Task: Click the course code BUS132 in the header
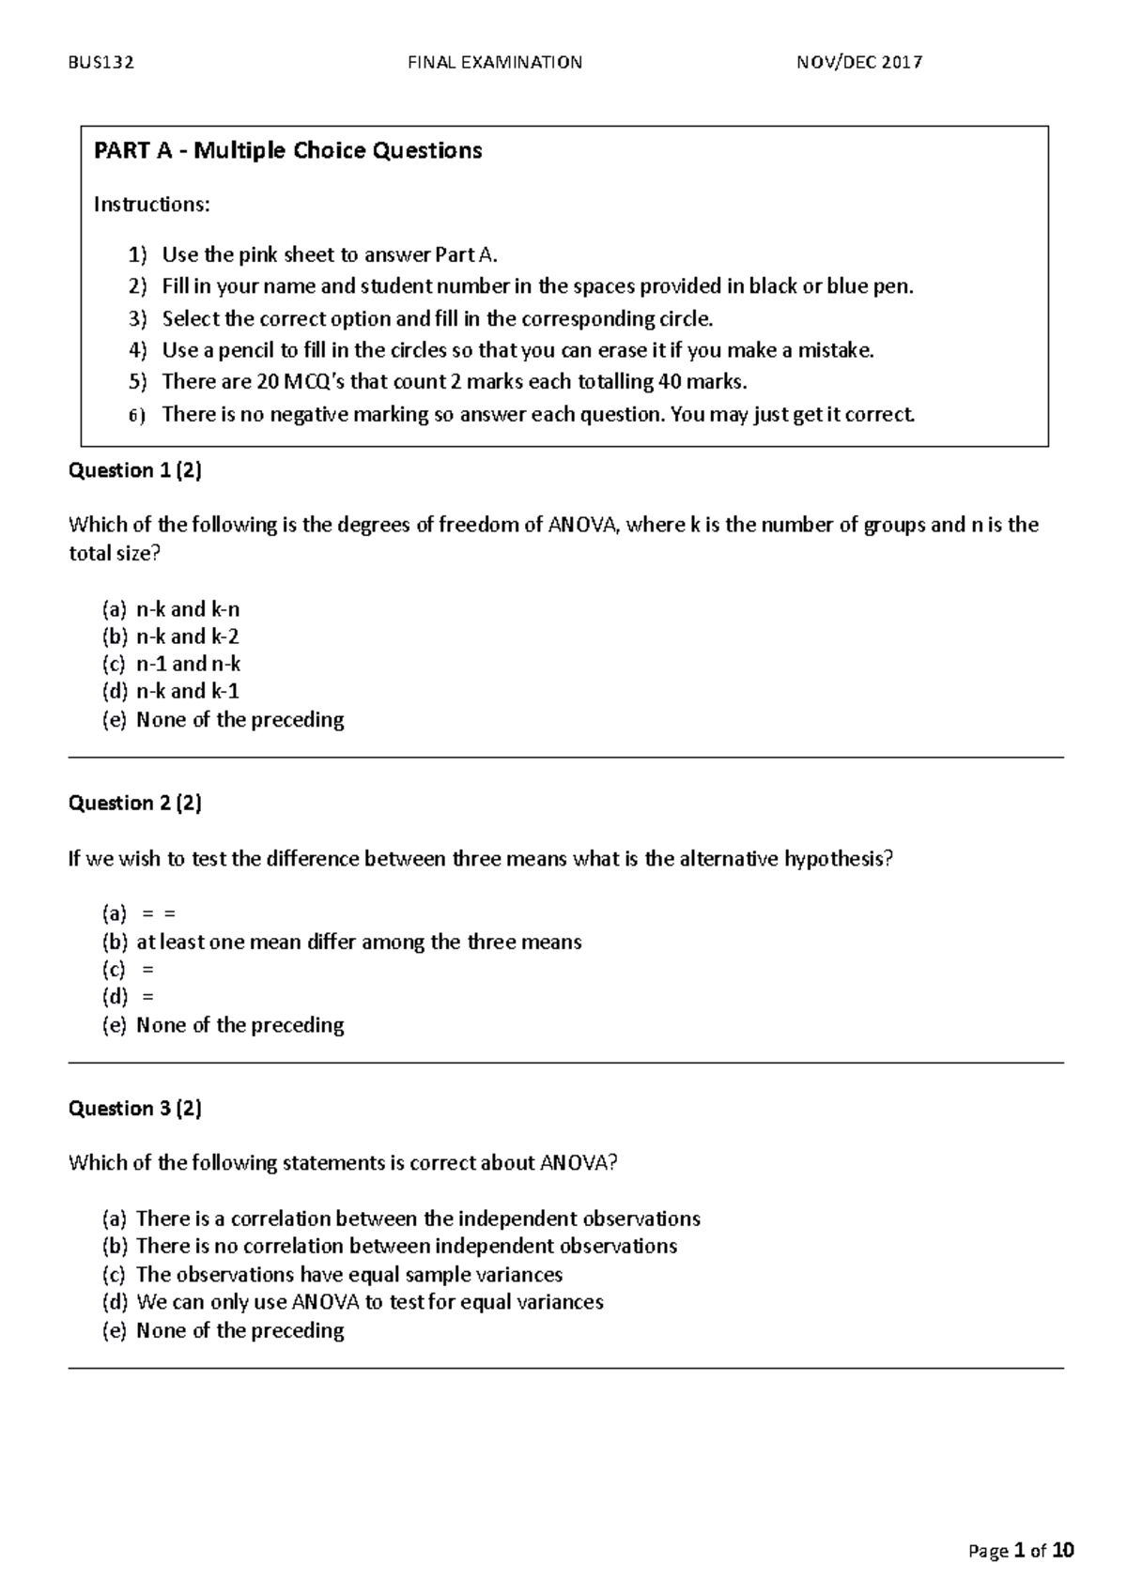pyautogui.click(x=101, y=63)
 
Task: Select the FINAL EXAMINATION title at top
pyautogui.click(x=495, y=63)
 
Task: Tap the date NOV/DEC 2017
pyautogui.click(x=859, y=63)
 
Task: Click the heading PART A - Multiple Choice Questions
pyautogui.click(x=287, y=150)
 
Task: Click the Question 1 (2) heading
pyautogui.click(x=135, y=470)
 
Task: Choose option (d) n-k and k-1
pyautogui.click(x=187, y=692)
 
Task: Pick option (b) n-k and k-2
pyautogui.click(x=187, y=636)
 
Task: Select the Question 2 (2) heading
pyautogui.click(x=135, y=803)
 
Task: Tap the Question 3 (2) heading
pyautogui.click(x=135, y=1109)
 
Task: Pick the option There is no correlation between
pyautogui.click(x=406, y=1247)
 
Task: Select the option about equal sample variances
pyautogui.click(x=348, y=1275)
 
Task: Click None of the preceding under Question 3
pyautogui.click(x=239, y=1330)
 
